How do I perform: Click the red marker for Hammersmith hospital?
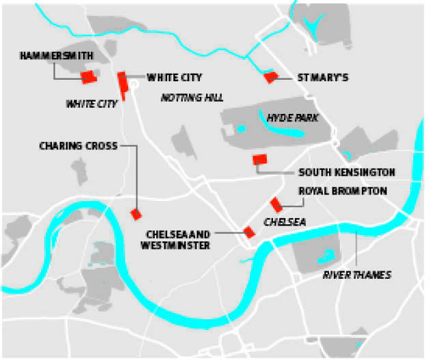[x=88, y=77]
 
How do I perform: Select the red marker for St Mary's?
[x=270, y=77]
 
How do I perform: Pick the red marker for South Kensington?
[x=259, y=160]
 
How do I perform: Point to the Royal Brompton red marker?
[x=276, y=204]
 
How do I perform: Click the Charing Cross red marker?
[x=136, y=215]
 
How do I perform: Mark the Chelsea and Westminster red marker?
[x=249, y=232]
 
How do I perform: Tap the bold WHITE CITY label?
[x=174, y=77]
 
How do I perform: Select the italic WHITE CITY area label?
[x=91, y=104]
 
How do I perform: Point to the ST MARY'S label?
[x=323, y=78]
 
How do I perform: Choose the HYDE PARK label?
[x=293, y=118]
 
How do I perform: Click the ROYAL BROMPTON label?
[x=343, y=192]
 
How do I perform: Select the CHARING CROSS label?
[x=78, y=145]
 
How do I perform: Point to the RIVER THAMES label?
[x=357, y=275]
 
